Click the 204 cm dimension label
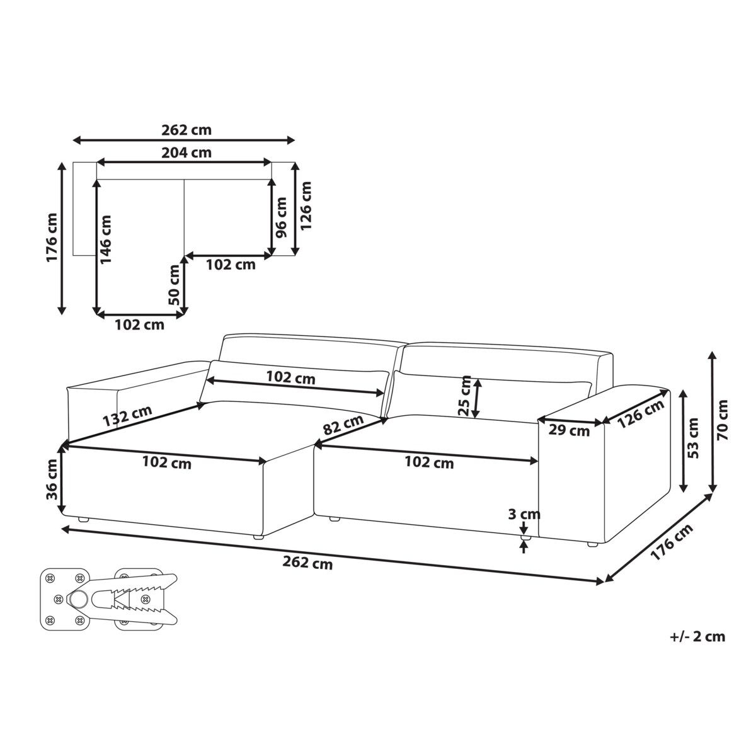point(186,152)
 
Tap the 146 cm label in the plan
point(106,239)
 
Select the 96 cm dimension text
point(281,218)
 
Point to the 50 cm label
point(173,285)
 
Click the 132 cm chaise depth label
point(127,415)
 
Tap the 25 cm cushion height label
point(465,396)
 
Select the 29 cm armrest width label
point(569,431)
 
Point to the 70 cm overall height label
point(722,420)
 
